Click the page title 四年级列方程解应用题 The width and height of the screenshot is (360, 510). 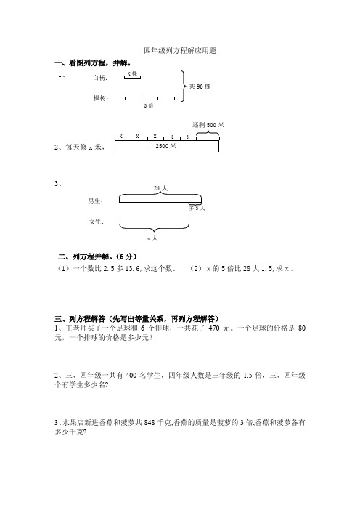(180, 51)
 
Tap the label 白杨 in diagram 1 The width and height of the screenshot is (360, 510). (101, 77)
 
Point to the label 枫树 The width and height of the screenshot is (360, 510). (101, 97)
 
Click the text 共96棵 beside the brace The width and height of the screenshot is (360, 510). (199, 86)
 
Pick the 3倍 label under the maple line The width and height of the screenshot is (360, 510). (148, 106)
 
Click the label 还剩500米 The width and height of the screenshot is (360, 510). (208, 125)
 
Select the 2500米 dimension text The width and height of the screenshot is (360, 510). (166, 146)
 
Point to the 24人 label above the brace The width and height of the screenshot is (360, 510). (160, 187)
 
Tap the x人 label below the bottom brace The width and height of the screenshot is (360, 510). (152, 238)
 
